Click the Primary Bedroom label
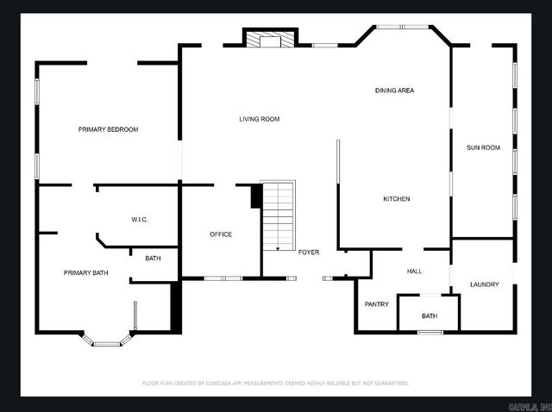point(108,129)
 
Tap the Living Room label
point(259,119)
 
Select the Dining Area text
point(394,91)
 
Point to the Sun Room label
point(483,147)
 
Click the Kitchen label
point(396,199)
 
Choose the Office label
point(221,234)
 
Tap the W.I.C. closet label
point(140,219)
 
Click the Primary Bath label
point(86,273)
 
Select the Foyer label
point(309,252)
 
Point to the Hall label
point(414,272)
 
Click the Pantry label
point(376,304)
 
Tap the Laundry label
point(484,284)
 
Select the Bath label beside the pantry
point(430,316)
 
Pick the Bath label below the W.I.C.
point(153,259)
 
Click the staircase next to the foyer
point(278,215)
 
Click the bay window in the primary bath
point(106,341)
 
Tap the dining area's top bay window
point(403,27)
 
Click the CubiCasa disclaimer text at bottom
point(275,383)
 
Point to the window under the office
point(222,278)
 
